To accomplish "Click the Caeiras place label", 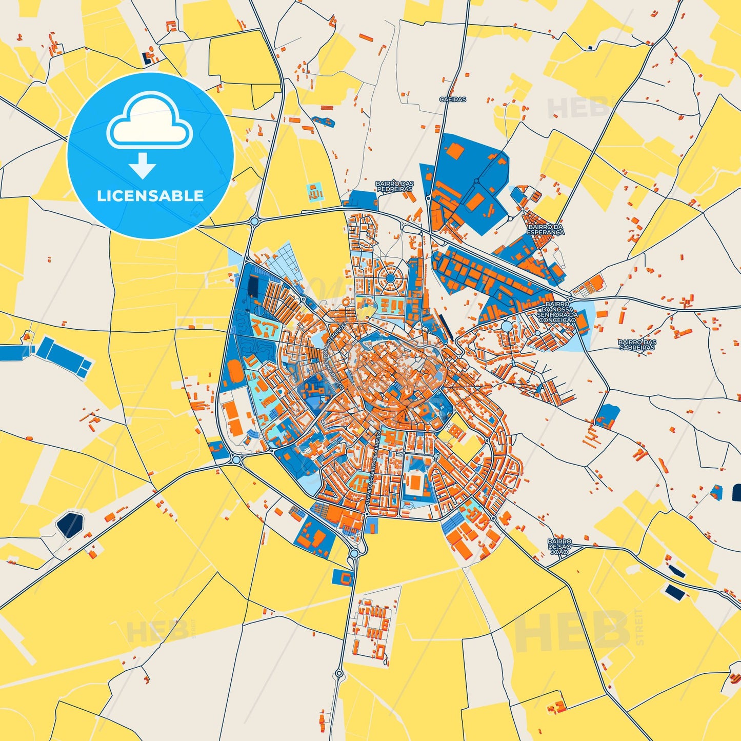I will (453, 99).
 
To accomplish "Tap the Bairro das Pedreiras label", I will (394, 186).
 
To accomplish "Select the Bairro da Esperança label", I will (545, 229).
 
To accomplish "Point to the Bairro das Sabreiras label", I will (637, 345).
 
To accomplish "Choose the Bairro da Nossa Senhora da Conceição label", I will (558, 312).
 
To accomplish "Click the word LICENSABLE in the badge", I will (150, 195).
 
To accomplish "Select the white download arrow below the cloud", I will (142, 166).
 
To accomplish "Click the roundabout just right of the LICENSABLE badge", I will (254, 222).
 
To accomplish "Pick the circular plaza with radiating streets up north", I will (390, 278).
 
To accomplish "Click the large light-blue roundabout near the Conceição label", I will (507, 326).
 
